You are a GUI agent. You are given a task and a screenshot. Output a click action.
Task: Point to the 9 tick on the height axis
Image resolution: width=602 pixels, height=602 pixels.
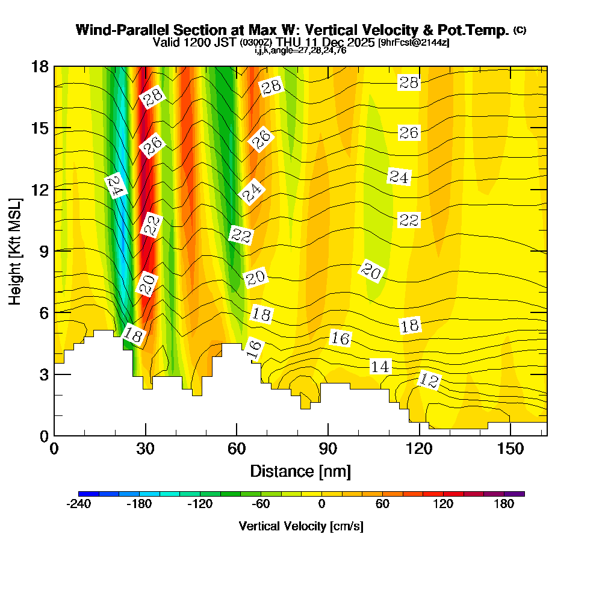click(54, 251)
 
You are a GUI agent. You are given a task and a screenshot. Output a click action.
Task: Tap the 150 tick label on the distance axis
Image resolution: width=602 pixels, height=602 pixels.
click(510, 448)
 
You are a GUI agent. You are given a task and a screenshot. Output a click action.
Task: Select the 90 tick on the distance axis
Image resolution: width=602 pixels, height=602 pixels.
click(327, 435)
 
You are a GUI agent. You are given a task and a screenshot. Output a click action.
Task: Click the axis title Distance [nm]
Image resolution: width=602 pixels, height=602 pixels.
click(300, 471)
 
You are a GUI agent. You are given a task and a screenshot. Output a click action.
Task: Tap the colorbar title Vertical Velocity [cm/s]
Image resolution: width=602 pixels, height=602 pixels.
click(301, 526)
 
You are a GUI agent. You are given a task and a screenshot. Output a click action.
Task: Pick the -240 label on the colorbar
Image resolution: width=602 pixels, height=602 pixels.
click(78, 504)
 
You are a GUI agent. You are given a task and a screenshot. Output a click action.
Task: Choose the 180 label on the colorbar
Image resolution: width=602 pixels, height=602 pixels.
click(504, 504)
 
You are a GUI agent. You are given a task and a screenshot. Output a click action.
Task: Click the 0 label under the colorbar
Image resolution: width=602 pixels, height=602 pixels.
click(321, 504)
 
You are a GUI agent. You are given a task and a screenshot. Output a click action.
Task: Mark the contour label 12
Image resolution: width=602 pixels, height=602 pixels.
click(429, 380)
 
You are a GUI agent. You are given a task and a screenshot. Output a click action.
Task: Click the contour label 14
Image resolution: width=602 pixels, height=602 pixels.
click(380, 367)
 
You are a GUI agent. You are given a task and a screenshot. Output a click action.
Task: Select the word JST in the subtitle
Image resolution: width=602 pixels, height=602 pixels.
click(227, 43)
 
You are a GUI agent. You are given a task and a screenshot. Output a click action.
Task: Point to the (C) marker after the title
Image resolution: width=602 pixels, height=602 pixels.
click(520, 30)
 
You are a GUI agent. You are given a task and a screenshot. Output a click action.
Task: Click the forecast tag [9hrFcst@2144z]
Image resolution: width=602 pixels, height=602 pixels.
click(414, 43)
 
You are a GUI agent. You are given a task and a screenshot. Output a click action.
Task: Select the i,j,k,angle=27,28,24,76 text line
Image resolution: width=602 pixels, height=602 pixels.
click(300, 51)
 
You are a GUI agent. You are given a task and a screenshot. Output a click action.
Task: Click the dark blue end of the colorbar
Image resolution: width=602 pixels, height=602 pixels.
click(84, 494)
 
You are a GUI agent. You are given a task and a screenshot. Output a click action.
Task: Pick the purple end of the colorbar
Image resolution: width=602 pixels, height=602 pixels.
click(519, 494)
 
